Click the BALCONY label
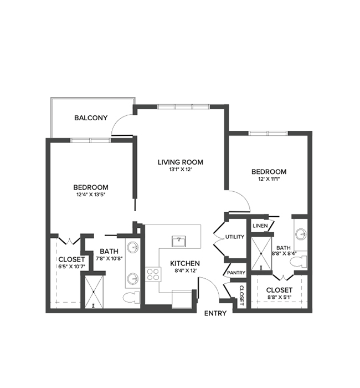click(x=91, y=118)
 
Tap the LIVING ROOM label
click(x=181, y=162)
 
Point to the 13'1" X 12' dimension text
click(x=181, y=170)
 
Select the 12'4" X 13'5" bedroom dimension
click(x=91, y=195)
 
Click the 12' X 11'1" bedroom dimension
click(x=269, y=179)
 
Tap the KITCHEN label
click(x=185, y=263)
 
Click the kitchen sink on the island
click(x=179, y=242)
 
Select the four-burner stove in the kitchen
click(x=153, y=274)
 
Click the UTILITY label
click(x=235, y=237)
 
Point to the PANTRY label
click(x=236, y=273)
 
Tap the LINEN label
click(x=260, y=226)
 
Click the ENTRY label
click(x=215, y=313)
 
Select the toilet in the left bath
click(x=132, y=298)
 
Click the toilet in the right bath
click(x=299, y=262)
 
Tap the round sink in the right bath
click(x=301, y=234)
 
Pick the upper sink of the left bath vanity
click(x=133, y=247)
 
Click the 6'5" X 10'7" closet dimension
click(x=71, y=267)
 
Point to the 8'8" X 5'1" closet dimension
click(x=279, y=297)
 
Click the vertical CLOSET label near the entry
click(x=241, y=295)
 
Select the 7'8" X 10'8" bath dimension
click(x=109, y=259)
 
